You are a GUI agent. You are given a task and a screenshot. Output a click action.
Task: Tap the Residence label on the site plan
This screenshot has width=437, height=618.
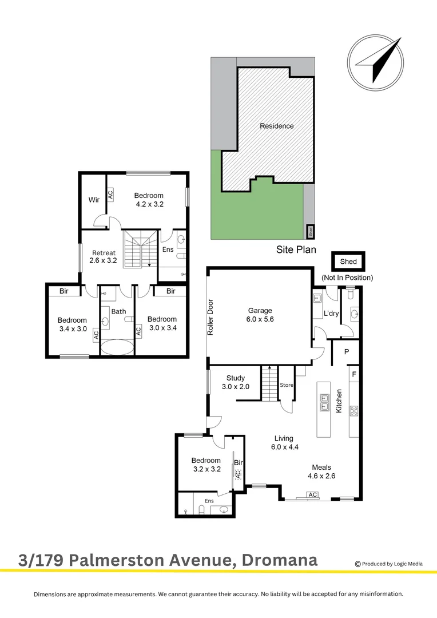click(277, 126)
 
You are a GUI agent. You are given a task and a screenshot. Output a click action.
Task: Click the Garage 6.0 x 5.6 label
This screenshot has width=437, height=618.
click(260, 315)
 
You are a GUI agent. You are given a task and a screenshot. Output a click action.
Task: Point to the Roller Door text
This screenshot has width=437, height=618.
click(210, 318)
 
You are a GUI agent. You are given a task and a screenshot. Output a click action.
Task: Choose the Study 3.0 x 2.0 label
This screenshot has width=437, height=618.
click(236, 382)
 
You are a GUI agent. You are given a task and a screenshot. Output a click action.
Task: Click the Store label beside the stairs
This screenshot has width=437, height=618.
click(286, 385)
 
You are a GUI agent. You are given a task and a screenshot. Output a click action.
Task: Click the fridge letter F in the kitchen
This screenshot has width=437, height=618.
click(355, 374)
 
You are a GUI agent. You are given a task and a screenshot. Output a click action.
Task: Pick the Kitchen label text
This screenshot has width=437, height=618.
click(339, 401)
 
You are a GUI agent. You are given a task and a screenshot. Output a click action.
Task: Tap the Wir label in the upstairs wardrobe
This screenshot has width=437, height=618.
click(94, 200)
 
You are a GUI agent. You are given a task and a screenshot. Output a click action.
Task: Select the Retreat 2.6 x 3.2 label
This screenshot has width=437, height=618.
click(104, 256)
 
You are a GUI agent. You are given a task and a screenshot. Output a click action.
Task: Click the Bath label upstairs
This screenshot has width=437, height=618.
click(118, 311)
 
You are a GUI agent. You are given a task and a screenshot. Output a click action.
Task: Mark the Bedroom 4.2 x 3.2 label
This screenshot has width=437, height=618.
click(149, 200)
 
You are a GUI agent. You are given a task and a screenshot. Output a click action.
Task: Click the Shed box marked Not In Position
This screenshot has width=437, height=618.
click(348, 262)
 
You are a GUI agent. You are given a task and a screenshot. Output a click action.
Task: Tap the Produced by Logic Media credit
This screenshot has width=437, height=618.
click(389, 564)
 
